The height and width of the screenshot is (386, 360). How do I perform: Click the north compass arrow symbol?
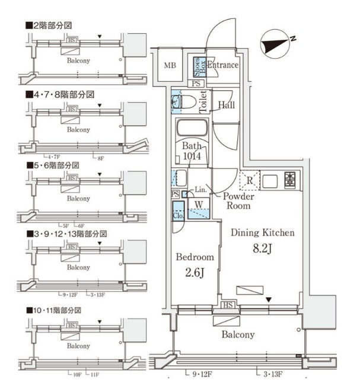[275, 43]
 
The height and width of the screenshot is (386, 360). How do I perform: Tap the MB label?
[170, 65]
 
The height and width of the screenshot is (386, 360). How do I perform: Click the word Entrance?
[222, 65]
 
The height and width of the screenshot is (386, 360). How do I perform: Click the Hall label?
[226, 105]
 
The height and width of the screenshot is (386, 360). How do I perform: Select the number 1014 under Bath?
[192, 157]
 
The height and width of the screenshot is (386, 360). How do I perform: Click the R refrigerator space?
[250, 180]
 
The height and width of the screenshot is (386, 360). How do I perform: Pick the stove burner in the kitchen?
[291, 178]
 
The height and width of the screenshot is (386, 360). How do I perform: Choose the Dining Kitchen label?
[262, 233]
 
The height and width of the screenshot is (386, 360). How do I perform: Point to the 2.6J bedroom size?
[192, 275]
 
